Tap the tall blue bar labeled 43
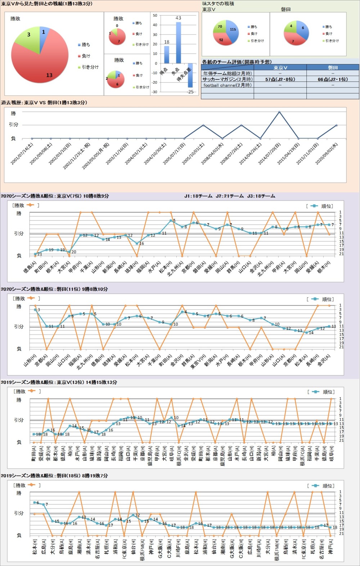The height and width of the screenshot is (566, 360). coord(178,43)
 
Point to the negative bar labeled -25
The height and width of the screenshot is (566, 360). coord(190,75)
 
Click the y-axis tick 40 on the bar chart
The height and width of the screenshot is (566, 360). coord(155,25)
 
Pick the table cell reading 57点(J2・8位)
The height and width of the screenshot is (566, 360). coord(280,79)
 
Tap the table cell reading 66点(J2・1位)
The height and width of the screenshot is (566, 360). coord(333,79)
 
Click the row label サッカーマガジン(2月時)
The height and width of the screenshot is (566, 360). coord(227,79)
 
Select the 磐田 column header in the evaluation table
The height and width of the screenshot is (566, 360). coord(333,68)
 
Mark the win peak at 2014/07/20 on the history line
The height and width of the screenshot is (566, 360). coord(279,112)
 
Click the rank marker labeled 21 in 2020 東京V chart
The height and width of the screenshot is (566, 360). coord(35,254)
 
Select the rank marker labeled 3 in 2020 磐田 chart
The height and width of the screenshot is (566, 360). coord(35,309)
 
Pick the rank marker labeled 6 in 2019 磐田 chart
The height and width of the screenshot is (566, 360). coord(35,502)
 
